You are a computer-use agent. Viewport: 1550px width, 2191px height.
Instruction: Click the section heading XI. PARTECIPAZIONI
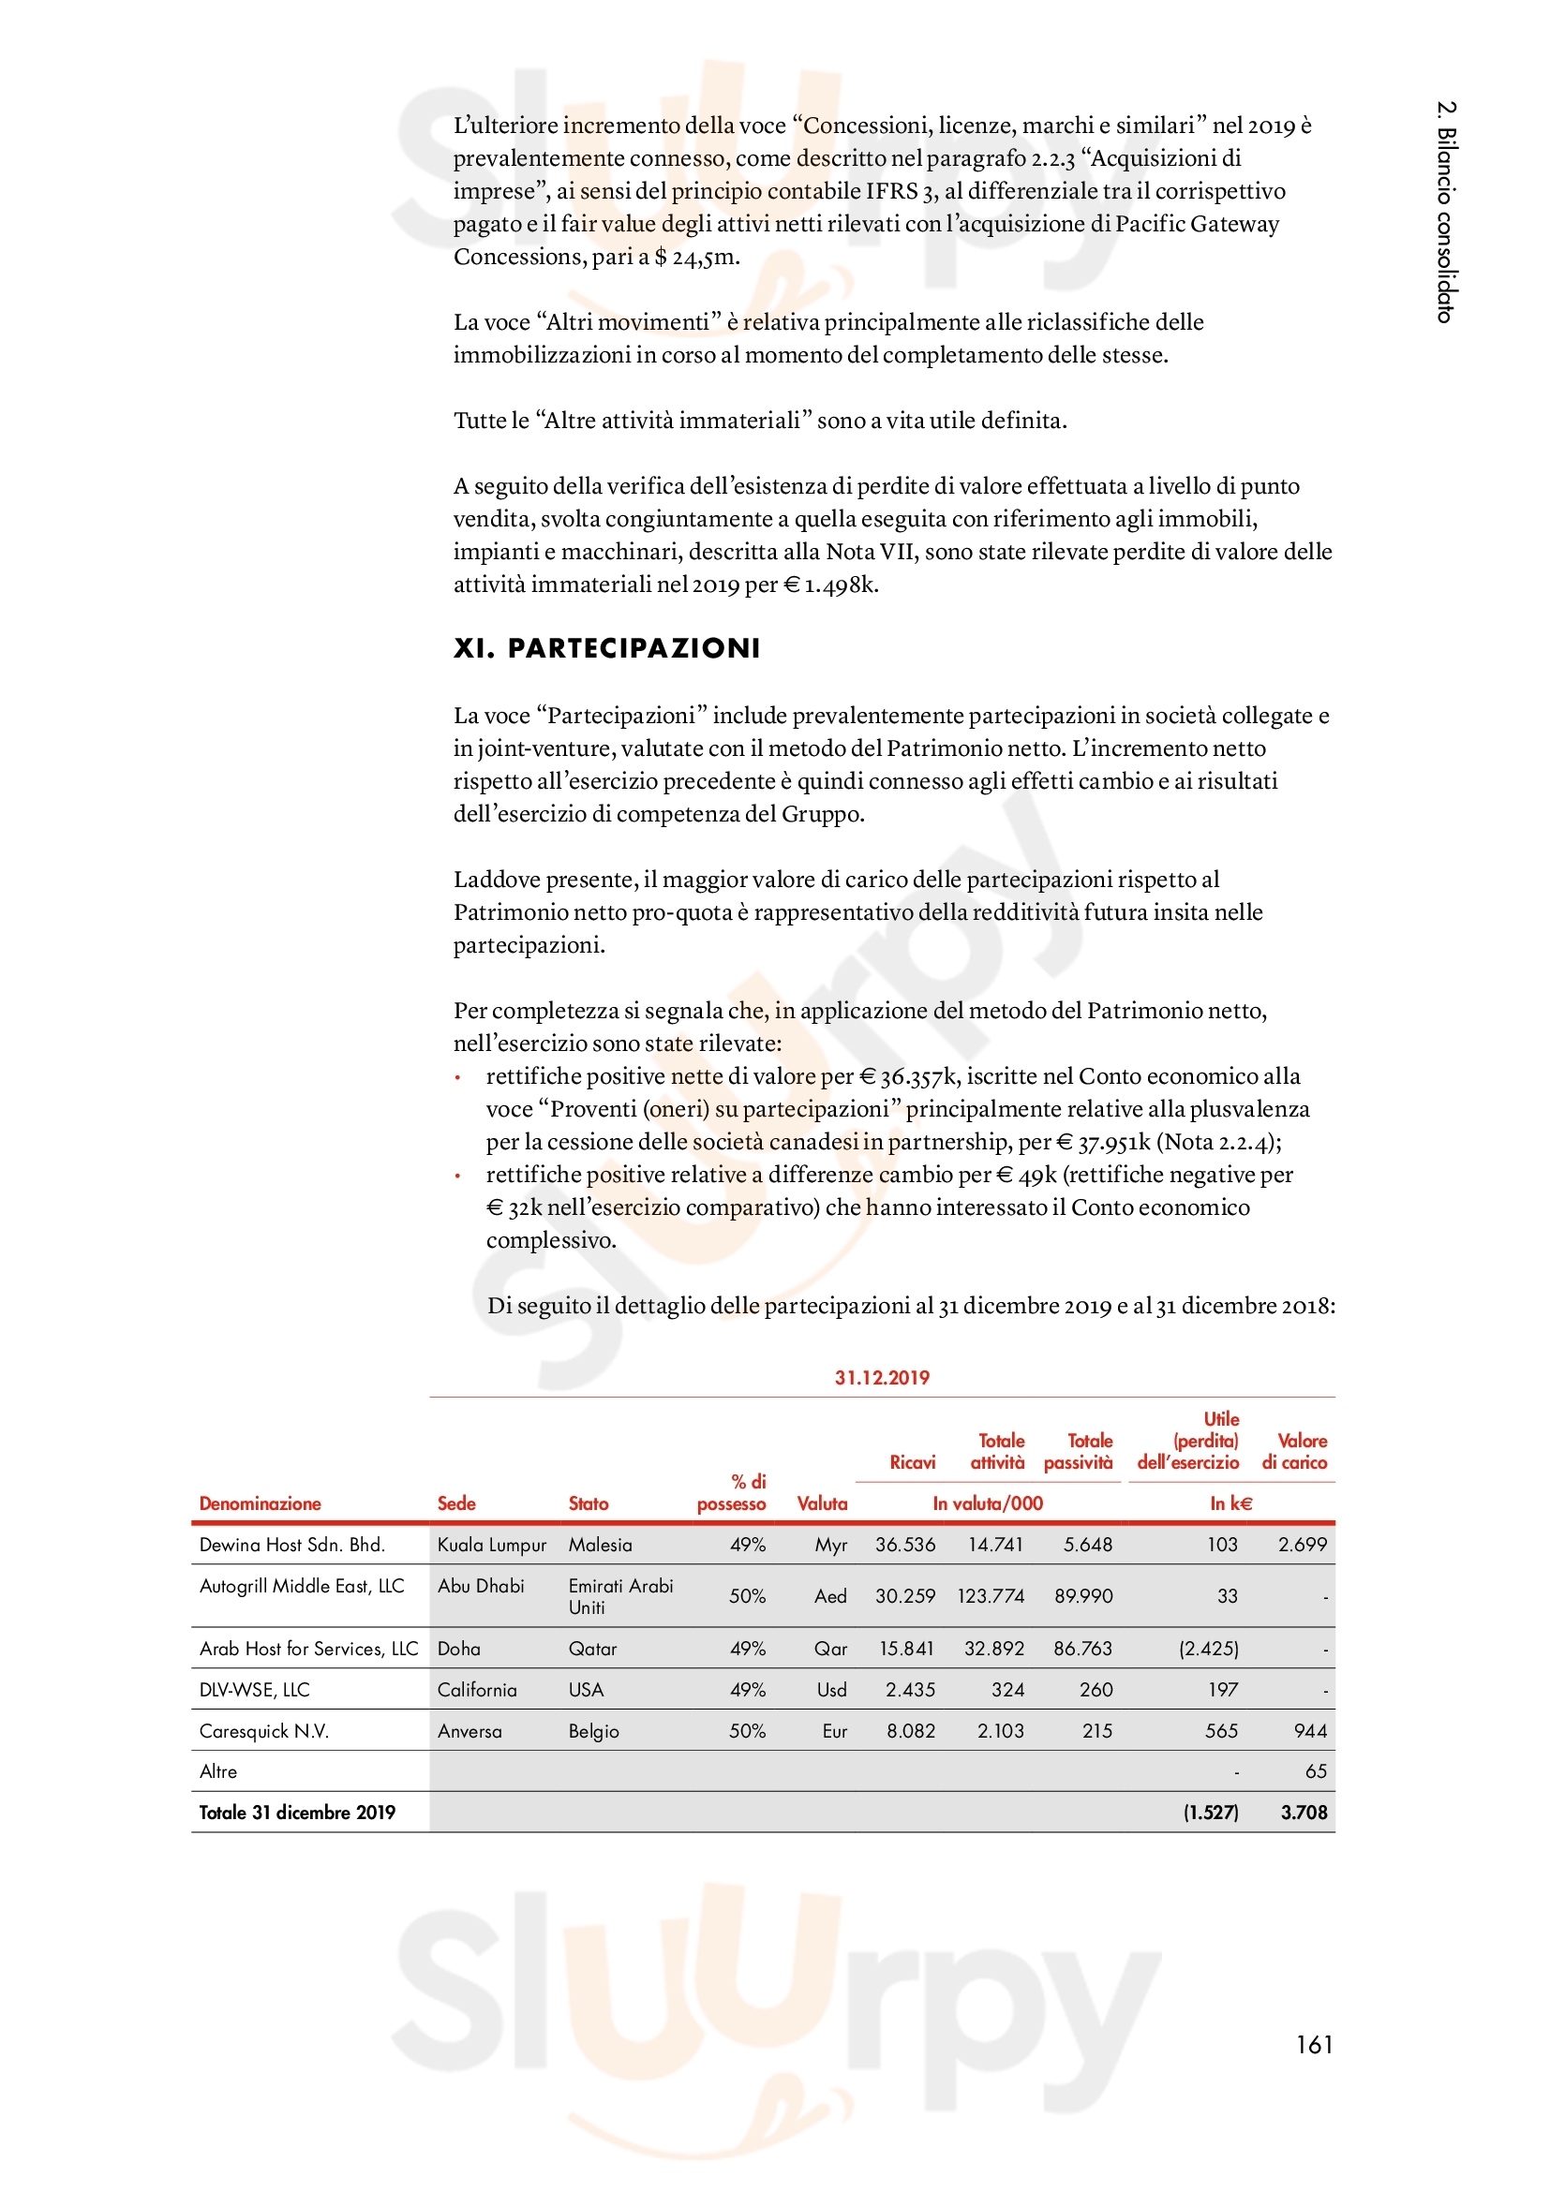pyautogui.click(x=607, y=649)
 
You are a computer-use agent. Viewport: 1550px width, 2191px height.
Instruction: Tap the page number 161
pyautogui.click(x=1314, y=2044)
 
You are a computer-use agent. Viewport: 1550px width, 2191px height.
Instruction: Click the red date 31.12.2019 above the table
pyautogui.click(x=882, y=1377)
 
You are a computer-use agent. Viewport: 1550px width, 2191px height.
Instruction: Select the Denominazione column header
pyautogui.click(x=260, y=1503)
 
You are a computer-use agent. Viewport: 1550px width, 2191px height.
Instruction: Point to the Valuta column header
pyautogui.click(x=822, y=1503)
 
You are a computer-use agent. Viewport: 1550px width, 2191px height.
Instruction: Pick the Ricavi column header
pyautogui.click(x=913, y=1462)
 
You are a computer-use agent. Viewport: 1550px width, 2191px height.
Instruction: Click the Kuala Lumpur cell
pyautogui.click(x=492, y=1544)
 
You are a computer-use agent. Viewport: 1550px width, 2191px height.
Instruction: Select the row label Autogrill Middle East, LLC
pyautogui.click(x=302, y=1585)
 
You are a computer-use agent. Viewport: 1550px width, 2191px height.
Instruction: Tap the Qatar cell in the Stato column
pyautogui.click(x=592, y=1648)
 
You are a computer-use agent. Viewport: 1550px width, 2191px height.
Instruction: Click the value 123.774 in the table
pyautogui.click(x=991, y=1595)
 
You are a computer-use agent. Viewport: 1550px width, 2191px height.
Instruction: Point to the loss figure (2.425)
pyautogui.click(x=1208, y=1648)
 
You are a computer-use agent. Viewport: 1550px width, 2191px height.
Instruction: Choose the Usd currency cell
pyautogui.click(x=831, y=1689)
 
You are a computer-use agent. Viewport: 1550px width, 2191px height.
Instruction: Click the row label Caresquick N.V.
pyautogui.click(x=264, y=1731)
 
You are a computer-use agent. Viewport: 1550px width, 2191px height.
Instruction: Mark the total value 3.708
pyautogui.click(x=1304, y=1813)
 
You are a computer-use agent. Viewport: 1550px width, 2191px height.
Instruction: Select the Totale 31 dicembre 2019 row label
pyautogui.click(x=297, y=1813)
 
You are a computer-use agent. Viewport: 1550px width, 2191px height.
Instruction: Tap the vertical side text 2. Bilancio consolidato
pyautogui.click(x=1447, y=212)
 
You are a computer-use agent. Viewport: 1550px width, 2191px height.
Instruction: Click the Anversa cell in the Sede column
pyautogui.click(x=469, y=1731)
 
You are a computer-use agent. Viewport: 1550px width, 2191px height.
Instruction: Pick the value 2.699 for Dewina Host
pyautogui.click(x=1303, y=1544)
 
